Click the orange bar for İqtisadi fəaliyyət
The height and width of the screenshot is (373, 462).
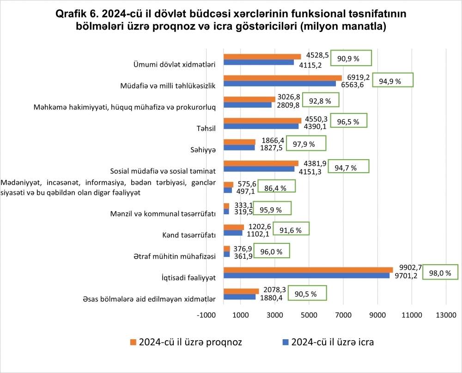coord(308,270)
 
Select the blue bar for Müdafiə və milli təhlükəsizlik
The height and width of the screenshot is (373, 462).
coord(280,84)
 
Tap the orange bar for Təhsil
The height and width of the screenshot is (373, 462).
coord(262,120)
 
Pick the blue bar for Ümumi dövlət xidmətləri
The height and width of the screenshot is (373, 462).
coord(259,62)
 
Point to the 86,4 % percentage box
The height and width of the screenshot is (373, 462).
coord(276,188)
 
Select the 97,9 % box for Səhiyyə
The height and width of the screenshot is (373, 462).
coord(306,144)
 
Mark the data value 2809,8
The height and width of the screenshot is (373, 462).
coord(287,105)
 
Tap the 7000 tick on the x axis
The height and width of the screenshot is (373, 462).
coord(342,315)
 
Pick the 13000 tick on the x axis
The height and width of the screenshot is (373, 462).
coord(445,315)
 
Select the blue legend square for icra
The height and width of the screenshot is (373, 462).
coord(285,342)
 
